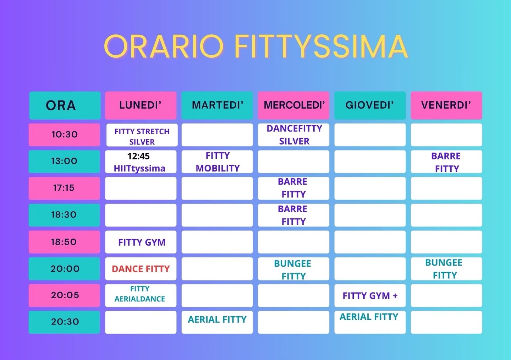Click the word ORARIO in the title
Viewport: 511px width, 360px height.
pyautogui.click(x=164, y=47)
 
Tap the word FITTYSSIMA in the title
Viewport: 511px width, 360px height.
pyautogui.click(x=321, y=47)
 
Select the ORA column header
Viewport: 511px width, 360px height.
pyautogui.click(x=65, y=105)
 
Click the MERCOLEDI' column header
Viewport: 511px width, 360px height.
pyautogui.click(x=293, y=105)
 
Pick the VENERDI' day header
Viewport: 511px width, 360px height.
pyautogui.click(x=446, y=105)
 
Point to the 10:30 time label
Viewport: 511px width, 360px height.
pyautogui.click(x=65, y=135)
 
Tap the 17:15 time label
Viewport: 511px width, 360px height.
pyautogui.click(x=64, y=188)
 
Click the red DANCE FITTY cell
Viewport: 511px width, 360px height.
pyautogui.click(x=141, y=269)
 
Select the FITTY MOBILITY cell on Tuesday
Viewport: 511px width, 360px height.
pyautogui.click(x=217, y=162)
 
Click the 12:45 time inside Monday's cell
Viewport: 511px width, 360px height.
pyautogui.click(x=138, y=156)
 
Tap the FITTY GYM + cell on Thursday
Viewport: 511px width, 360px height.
pyautogui.click(x=370, y=296)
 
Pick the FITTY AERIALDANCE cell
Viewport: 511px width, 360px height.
pyautogui.click(x=141, y=296)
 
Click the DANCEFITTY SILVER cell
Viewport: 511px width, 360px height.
pyautogui.click(x=293, y=135)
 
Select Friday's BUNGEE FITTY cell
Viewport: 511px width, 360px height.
pyautogui.click(x=446, y=269)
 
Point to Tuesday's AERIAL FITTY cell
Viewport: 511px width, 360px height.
pyautogui.click(x=217, y=322)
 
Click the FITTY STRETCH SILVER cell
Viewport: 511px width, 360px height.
pyautogui.click(x=142, y=135)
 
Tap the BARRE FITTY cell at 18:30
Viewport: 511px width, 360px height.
pyautogui.click(x=293, y=215)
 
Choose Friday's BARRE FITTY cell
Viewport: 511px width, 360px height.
pyautogui.click(x=446, y=162)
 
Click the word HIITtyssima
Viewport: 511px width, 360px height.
pyautogui.click(x=139, y=169)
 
